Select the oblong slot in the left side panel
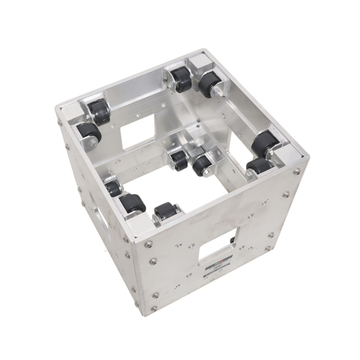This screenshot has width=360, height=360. click(x=100, y=221)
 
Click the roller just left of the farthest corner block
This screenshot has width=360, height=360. click(x=179, y=78)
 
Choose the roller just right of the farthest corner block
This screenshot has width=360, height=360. click(x=208, y=83)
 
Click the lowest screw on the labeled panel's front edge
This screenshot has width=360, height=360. click(x=155, y=308)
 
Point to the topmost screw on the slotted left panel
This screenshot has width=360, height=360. click(x=60, y=123)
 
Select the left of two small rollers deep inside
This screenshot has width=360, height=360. click(x=177, y=159)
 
